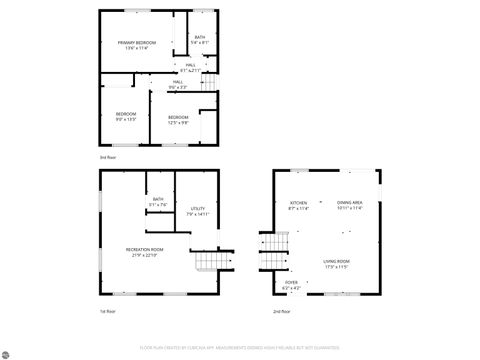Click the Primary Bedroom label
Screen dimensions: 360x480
136,43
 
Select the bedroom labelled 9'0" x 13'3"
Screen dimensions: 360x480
125,115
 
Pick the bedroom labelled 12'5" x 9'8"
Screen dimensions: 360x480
178,119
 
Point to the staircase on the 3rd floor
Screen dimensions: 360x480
208,85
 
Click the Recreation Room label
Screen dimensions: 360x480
144,250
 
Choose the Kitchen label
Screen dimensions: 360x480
299,205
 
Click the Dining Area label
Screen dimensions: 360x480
349,204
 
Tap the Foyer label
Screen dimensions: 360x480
292,284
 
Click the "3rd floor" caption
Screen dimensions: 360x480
107,158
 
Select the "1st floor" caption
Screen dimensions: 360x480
107,311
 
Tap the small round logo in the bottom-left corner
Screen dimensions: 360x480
8,351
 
